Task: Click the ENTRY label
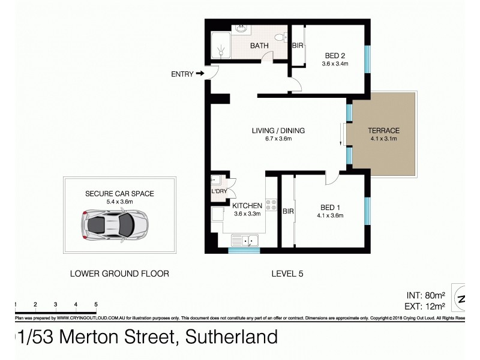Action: click(x=182, y=74)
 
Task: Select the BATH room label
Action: click(x=259, y=45)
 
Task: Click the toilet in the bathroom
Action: click(x=279, y=38)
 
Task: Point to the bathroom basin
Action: click(x=241, y=28)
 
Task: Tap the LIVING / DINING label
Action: click(x=278, y=131)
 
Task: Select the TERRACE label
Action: click(x=385, y=131)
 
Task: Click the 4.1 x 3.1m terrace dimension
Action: click(x=385, y=139)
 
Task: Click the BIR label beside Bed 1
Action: click(x=288, y=211)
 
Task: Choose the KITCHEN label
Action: click(x=247, y=205)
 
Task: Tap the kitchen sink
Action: click(x=245, y=241)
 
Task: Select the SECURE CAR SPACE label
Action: click(x=119, y=193)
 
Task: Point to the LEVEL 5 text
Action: click(x=287, y=274)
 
